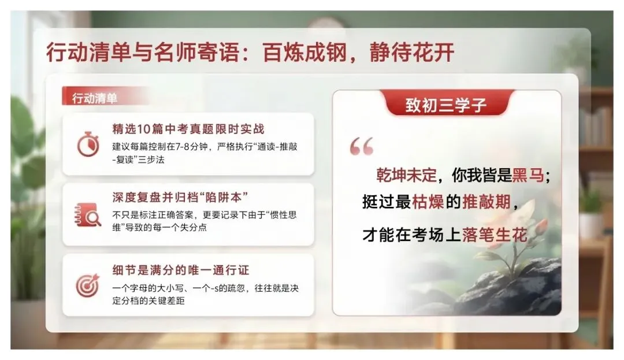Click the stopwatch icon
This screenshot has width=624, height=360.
coord(88,144)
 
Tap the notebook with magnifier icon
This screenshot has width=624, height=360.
coord(88,214)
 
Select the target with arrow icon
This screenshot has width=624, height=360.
coord(88,285)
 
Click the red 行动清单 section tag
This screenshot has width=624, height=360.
coord(95,98)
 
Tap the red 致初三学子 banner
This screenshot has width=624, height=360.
coord(446,105)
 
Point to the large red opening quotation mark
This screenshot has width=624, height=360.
coord(362,147)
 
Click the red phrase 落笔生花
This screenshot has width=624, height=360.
coord(495,235)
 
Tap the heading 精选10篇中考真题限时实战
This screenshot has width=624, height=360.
coord(188,128)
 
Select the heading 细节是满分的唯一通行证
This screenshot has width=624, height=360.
coord(180,269)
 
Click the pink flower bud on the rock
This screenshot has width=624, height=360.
coord(540,227)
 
